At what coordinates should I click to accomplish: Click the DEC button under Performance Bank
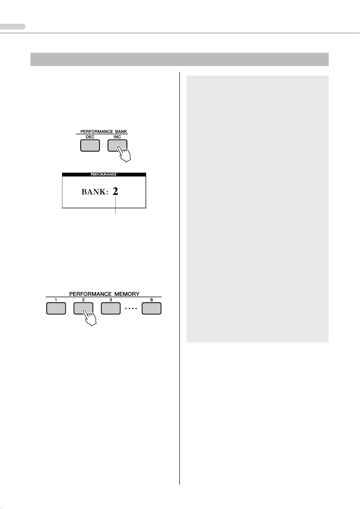tap(90, 145)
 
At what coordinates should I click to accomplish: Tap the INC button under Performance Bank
tap(117, 145)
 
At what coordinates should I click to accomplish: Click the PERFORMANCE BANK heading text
tap(104, 132)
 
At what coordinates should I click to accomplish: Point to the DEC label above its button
tap(90, 137)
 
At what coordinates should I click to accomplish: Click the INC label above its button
tap(117, 137)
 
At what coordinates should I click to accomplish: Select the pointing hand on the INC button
tap(124, 153)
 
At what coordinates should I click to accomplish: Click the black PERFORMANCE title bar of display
tap(104, 175)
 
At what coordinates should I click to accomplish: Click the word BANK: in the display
tap(95, 192)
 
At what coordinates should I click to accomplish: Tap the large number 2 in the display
tap(115, 191)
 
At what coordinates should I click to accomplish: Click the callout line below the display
tap(116, 206)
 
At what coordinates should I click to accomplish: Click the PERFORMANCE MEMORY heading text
tap(104, 294)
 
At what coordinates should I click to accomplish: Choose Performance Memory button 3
tap(110, 309)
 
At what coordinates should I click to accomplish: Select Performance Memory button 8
tap(152, 309)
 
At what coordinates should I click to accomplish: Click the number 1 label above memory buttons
tap(56, 300)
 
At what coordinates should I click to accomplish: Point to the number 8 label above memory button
tap(152, 300)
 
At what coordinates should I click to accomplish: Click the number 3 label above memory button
tap(110, 300)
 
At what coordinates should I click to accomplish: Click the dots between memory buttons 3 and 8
tap(131, 309)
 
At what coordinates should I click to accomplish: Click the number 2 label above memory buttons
tap(83, 300)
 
